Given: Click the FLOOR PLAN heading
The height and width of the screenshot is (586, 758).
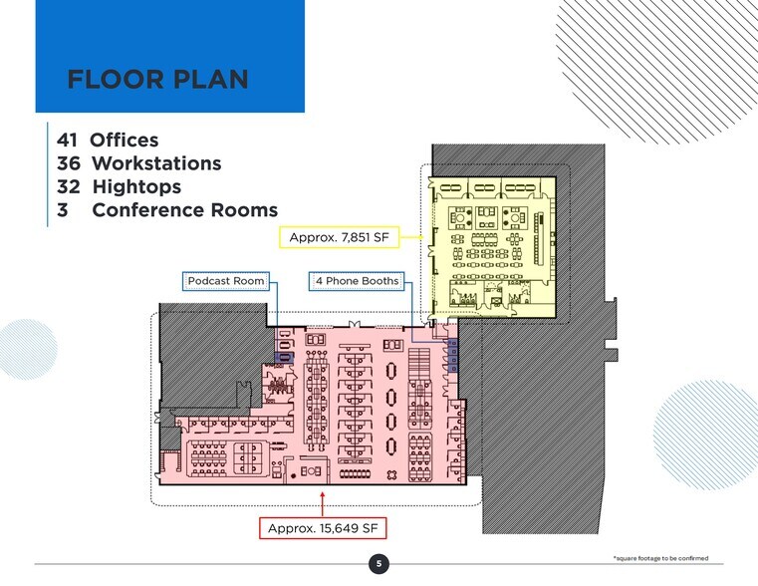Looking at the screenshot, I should pyautogui.click(x=157, y=80).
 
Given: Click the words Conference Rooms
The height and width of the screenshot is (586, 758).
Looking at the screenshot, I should pyautogui.click(x=184, y=210).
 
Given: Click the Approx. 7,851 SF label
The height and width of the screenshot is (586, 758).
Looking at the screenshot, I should pyautogui.click(x=338, y=237).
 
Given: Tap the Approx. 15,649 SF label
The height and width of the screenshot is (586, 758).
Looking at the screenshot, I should pyautogui.click(x=322, y=527).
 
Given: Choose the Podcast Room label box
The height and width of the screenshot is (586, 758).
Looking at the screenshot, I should pyautogui.click(x=226, y=281).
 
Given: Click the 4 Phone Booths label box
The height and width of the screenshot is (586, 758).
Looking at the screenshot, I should pyautogui.click(x=357, y=281).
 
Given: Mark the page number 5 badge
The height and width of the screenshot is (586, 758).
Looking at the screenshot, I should pyautogui.click(x=379, y=565).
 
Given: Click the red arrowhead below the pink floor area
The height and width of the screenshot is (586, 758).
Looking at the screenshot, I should pyautogui.click(x=322, y=492).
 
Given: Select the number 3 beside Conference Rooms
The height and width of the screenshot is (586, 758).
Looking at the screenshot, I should pyautogui.click(x=62, y=210).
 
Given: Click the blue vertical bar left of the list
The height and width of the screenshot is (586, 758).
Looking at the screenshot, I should pyautogui.click(x=48, y=175).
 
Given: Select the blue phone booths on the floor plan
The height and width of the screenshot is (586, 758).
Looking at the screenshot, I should pyautogui.click(x=451, y=355).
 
